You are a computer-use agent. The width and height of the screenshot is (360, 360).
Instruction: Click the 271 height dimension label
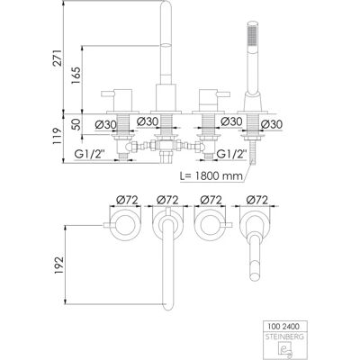pyautogui.click(x=58, y=58)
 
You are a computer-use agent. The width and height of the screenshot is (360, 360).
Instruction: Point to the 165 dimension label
pyautogui.click(x=76, y=76)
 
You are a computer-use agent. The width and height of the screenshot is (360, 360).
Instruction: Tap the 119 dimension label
pyautogui.click(x=58, y=137)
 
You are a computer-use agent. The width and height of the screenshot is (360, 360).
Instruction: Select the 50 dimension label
pyautogui.click(x=76, y=124)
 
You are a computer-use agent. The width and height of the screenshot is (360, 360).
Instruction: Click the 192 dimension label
pyautogui.click(x=59, y=265)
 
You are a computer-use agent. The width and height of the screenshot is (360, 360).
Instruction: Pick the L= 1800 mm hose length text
pyautogui.click(x=211, y=175)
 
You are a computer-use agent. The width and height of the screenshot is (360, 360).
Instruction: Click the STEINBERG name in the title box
pyautogui.click(x=284, y=337)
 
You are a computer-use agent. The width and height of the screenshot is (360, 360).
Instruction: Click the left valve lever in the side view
pyautogui.click(x=108, y=94)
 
